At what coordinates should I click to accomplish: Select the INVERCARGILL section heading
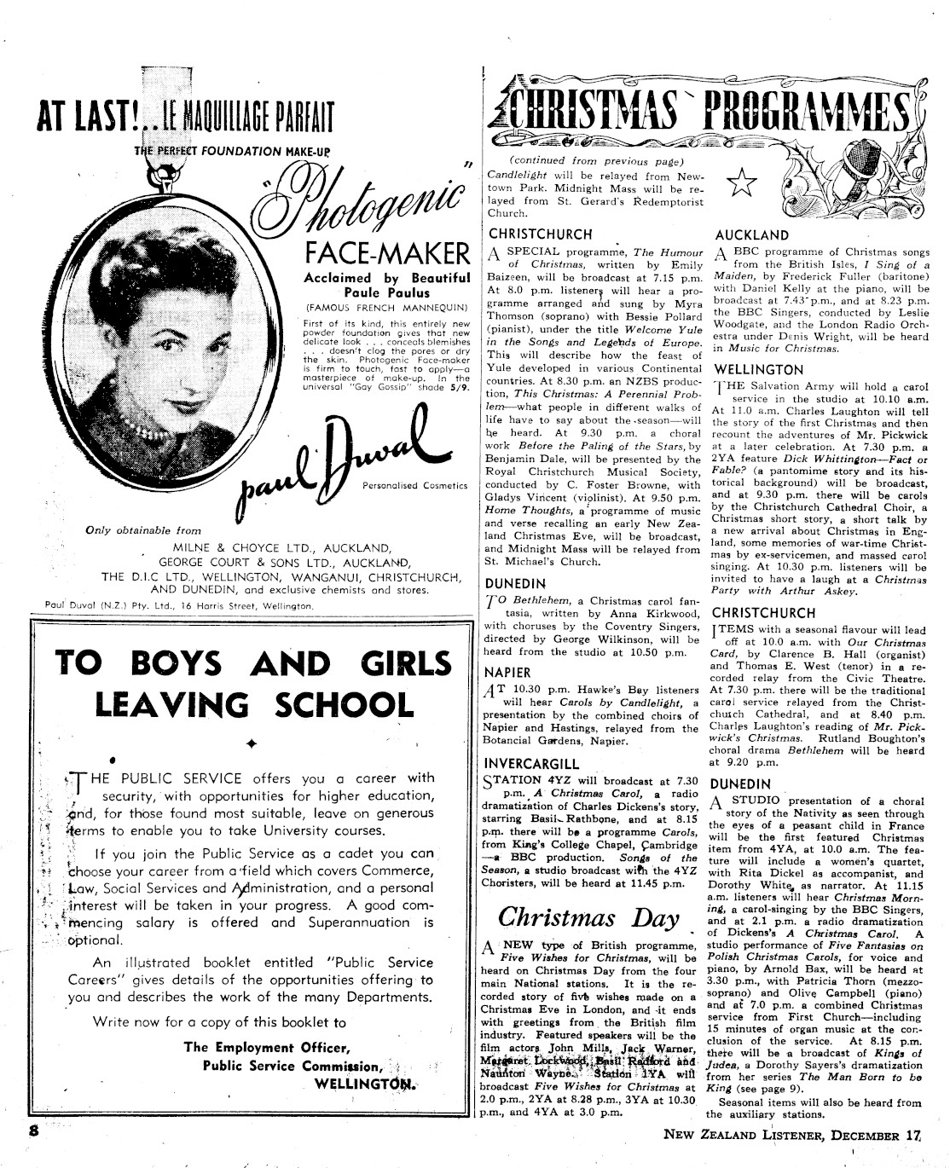tap(531, 763)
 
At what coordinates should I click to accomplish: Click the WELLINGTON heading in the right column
tap(758, 370)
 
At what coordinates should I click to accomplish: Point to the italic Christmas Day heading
tap(588, 917)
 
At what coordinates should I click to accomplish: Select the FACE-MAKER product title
tap(387, 253)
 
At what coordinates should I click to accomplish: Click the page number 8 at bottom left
tap(34, 1130)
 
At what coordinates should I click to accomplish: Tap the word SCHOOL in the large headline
tap(340, 705)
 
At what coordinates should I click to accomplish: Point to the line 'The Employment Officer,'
tap(266, 1048)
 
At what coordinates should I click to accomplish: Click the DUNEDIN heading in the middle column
tap(515, 584)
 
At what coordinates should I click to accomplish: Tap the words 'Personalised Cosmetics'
tap(414, 486)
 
